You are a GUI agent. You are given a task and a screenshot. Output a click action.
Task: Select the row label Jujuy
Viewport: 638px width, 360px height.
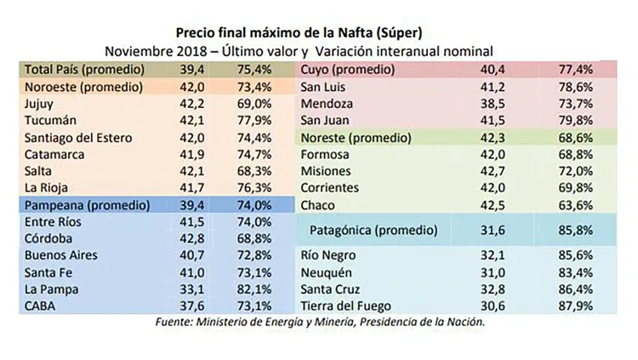[x=40, y=103]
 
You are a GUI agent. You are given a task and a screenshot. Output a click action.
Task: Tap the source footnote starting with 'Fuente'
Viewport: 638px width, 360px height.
[x=320, y=323]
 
